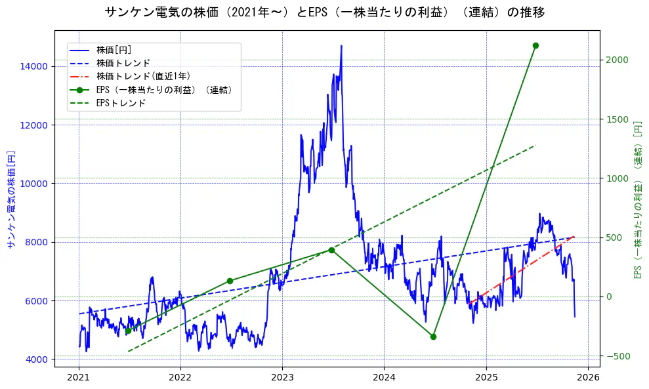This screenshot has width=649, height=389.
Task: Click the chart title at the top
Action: coord(324,12)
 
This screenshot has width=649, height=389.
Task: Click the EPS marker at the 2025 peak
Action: coord(535,45)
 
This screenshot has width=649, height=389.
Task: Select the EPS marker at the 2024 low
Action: coord(433,337)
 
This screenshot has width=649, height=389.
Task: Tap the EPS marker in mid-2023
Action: coord(331,250)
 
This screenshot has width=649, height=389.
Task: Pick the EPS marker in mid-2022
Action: coord(230,281)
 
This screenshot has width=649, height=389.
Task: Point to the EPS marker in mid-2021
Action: coord(128,331)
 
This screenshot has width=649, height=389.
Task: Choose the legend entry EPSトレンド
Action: coord(121,103)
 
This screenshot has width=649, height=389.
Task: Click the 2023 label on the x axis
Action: coord(282,379)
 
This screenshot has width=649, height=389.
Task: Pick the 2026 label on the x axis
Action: coord(587,379)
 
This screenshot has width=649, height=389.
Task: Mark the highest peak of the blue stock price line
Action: coord(341,46)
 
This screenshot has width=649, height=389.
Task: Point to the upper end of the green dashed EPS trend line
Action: coord(535,145)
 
